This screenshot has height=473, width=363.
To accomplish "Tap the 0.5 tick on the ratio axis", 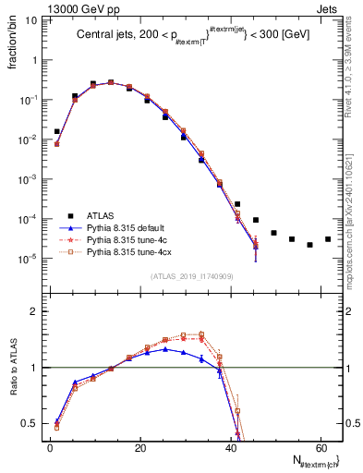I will [x=30, y=424].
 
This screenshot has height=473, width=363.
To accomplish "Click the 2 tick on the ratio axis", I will [x=34, y=311].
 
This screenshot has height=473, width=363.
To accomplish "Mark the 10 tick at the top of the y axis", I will [x=30, y=19].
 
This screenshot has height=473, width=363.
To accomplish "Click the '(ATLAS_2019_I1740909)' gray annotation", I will [x=192, y=276].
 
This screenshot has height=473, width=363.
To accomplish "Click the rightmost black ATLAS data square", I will [x=327, y=239].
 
